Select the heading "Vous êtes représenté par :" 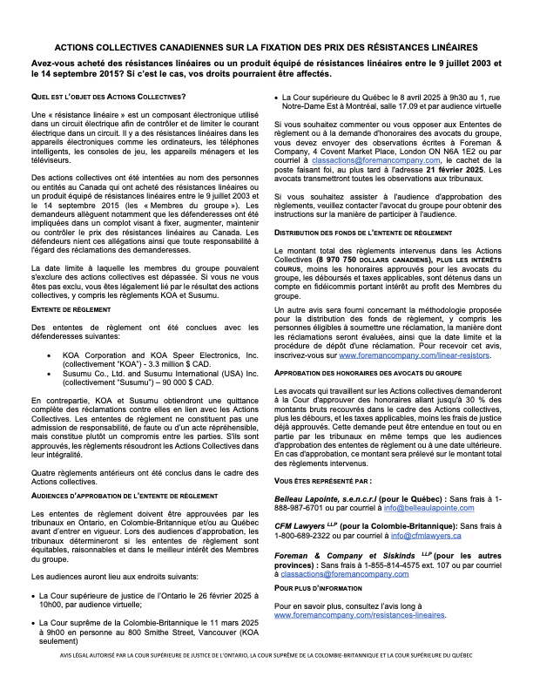pyautogui.click(x=322, y=480)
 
